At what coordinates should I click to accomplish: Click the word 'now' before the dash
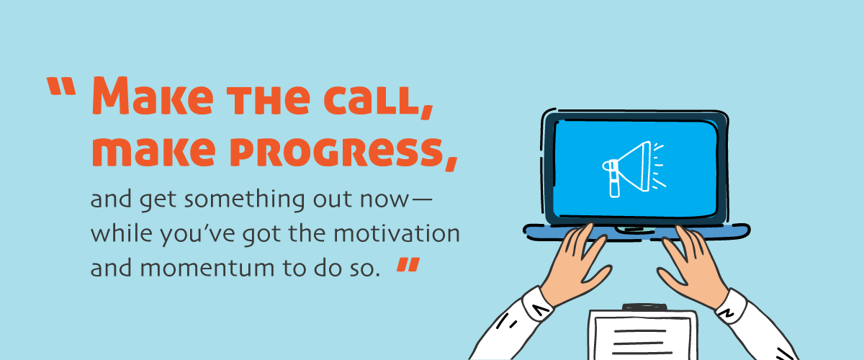click(x=391, y=201)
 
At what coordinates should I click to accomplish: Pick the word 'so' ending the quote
click(x=364, y=268)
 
